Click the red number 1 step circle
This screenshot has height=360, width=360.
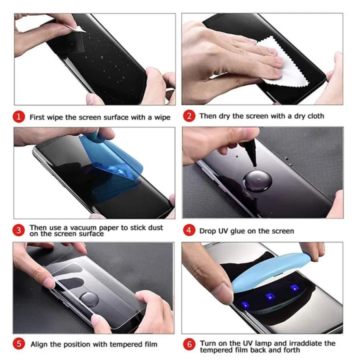[18, 117]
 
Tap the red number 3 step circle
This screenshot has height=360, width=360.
[18, 230]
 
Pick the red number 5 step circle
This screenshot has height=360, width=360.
[18, 344]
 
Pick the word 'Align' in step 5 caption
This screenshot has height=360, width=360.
[39, 344]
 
